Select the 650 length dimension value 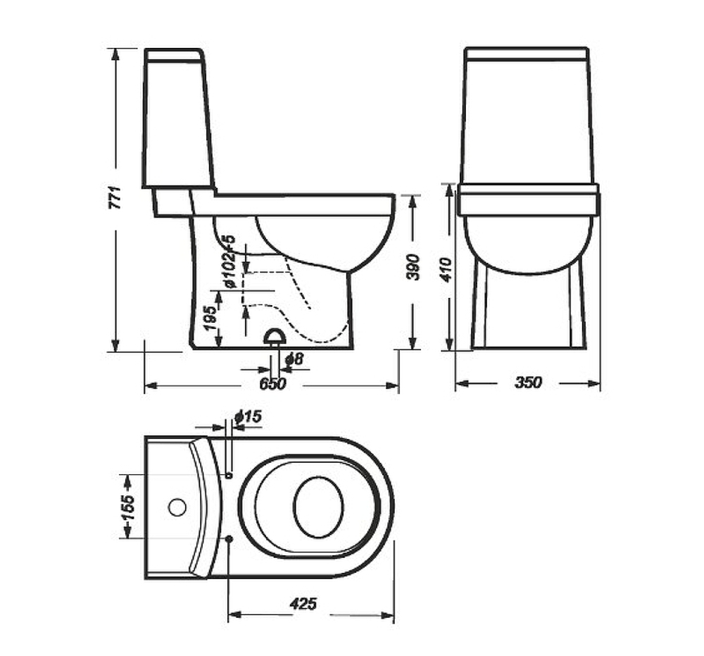pyautogui.click(x=272, y=384)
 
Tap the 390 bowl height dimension pyautogui.click(x=414, y=267)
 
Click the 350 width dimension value pyautogui.click(x=528, y=383)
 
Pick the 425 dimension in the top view pyautogui.click(x=303, y=604)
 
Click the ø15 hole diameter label pyautogui.click(x=247, y=417)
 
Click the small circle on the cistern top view pyautogui.click(x=176, y=507)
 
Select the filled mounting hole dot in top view pyautogui.click(x=230, y=539)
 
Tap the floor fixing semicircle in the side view pyautogui.click(x=275, y=337)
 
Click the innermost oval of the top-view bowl pyautogui.click(x=318, y=507)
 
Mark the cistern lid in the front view pyautogui.click(x=527, y=54)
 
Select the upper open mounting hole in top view pyautogui.click(x=229, y=476)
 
